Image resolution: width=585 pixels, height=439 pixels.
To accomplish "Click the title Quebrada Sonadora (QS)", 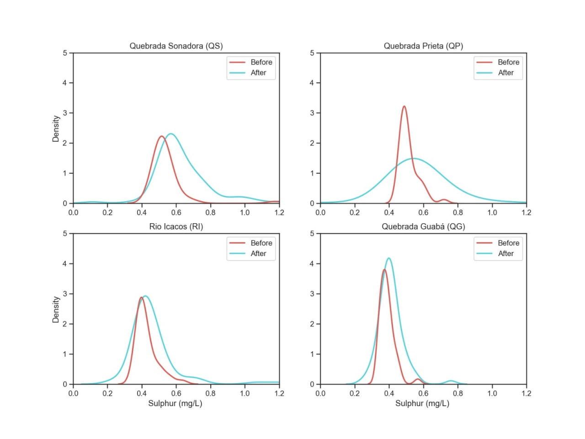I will (x=176, y=46).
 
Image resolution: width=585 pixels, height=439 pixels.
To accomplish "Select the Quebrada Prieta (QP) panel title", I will (x=423, y=46).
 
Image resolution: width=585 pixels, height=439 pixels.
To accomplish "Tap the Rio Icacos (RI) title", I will (x=176, y=226).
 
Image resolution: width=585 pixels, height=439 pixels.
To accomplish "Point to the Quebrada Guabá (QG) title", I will (x=423, y=226).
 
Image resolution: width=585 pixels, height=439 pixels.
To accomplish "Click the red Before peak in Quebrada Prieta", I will (x=404, y=107).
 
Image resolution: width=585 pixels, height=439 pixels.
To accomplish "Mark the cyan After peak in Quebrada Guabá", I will (x=388, y=258).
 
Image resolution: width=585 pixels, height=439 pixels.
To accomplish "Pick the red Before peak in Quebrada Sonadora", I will (x=161, y=136).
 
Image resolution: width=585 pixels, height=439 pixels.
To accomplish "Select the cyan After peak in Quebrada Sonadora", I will (x=171, y=134).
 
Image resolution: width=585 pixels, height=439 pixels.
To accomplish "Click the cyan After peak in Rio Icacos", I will (x=145, y=296).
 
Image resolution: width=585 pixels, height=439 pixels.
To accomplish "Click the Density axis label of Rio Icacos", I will (x=56, y=310).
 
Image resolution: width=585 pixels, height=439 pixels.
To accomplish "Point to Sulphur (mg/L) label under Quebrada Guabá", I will (x=422, y=403).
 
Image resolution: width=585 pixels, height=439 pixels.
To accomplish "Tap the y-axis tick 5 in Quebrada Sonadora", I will (x=65, y=53).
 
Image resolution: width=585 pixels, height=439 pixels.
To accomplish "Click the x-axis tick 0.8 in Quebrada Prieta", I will (x=457, y=213).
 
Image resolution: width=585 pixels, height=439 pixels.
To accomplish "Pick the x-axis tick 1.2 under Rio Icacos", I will (x=279, y=393).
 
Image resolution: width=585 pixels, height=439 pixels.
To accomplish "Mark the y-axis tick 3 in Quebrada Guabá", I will (x=312, y=294).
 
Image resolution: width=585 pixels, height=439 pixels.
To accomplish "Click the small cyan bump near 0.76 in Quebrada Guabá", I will (x=451, y=381).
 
